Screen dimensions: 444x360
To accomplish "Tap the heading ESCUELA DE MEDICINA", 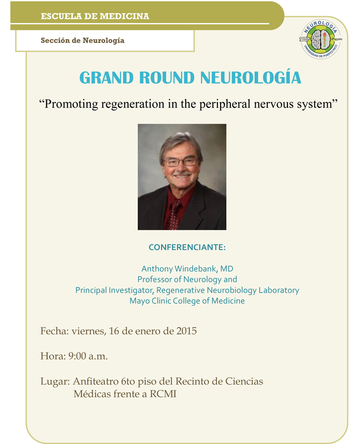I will (x=95, y=16).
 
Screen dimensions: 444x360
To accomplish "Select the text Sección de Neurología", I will (x=82, y=40).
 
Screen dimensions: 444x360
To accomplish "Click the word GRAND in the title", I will (x=105, y=78).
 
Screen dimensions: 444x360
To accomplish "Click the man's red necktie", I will (x=175, y=214).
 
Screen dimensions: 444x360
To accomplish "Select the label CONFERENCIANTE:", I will (x=187, y=248).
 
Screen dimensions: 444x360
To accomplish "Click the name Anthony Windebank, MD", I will (x=187, y=269).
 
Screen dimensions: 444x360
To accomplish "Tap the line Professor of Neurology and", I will (x=187, y=280).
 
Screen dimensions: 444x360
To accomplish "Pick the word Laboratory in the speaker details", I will (x=277, y=290).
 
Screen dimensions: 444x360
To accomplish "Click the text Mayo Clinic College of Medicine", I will (x=187, y=301).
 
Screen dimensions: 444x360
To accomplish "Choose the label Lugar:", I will (x=55, y=382).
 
